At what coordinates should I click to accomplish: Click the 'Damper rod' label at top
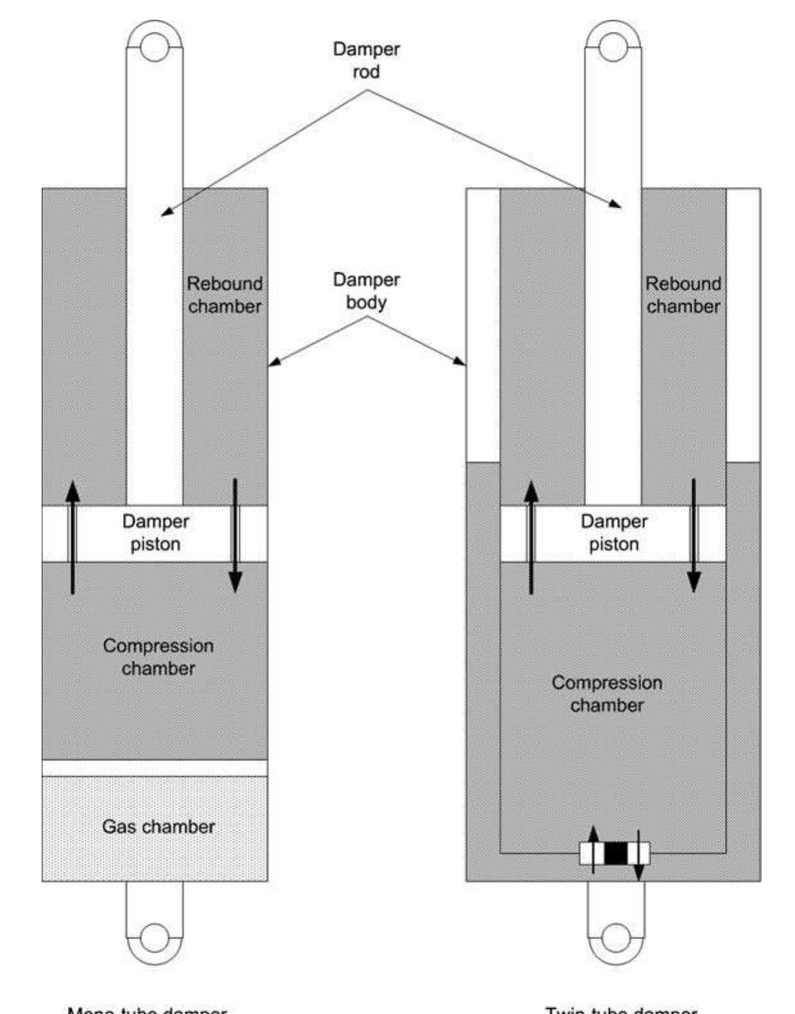(x=366, y=60)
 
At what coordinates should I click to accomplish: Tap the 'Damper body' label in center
(x=366, y=291)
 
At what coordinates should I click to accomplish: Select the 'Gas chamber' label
(x=158, y=826)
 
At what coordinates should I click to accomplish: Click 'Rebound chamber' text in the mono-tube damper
(x=224, y=295)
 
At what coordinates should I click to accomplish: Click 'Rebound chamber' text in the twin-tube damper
(x=683, y=295)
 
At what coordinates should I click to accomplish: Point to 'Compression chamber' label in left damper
(x=158, y=657)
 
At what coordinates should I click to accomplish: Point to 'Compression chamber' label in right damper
(x=607, y=694)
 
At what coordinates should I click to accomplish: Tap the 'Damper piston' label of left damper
(x=155, y=532)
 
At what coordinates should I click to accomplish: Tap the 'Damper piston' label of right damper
(x=614, y=532)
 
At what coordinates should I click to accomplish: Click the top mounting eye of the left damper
(x=155, y=47)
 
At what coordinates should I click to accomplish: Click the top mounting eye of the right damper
(x=613, y=47)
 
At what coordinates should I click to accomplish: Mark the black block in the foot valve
(x=615, y=853)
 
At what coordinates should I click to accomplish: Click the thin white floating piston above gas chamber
(x=155, y=767)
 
